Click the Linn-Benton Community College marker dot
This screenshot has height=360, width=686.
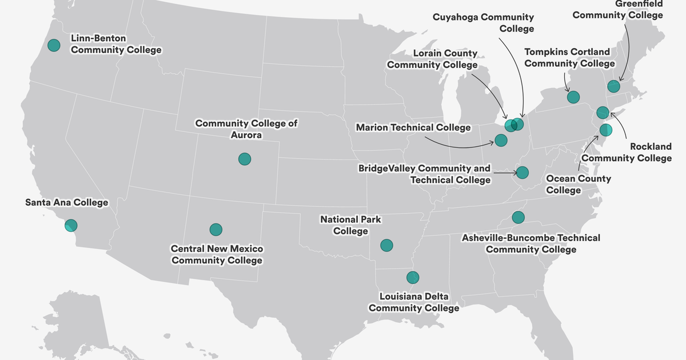tap(54, 45)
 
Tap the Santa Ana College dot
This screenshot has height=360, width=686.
tap(71, 225)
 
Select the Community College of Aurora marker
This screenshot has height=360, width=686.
tap(245, 159)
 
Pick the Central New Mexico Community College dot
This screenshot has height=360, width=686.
tap(216, 230)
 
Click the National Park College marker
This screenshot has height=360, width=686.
tap(387, 245)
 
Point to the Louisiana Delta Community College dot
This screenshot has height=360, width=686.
tap(413, 278)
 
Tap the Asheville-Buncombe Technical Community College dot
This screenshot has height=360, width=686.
tap(518, 217)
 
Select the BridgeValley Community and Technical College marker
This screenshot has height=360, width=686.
tap(523, 172)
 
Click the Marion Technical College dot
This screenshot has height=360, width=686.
tap(501, 140)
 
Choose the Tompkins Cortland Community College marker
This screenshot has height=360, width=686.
tap(573, 97)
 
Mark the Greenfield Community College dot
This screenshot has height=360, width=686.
tap(613, 86)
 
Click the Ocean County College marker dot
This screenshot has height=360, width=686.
tap(606, 130)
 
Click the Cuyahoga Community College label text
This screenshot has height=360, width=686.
tap(491, 23)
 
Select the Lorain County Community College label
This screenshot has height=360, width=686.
tap(432, 59)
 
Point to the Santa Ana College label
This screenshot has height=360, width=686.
tap(67, 202)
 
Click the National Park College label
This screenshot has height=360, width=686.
tap(350, 225)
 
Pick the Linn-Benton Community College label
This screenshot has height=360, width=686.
tap(116, 44)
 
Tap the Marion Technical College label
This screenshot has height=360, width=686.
tap(413, 127)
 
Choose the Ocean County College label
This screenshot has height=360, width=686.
tap(578, 184)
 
